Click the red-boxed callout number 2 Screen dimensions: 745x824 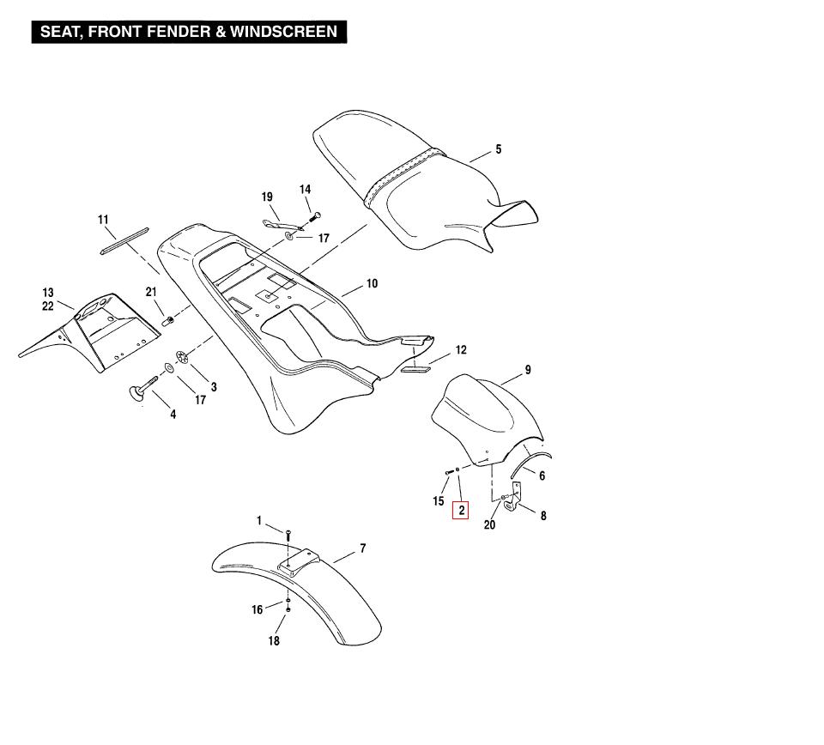click(x=462, y=511)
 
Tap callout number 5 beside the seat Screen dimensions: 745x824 click(x=498, y=150)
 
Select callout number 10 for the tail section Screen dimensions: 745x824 click(x=372, y=284)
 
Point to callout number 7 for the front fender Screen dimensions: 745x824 click(x=363, y=548)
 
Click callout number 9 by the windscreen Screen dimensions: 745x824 click(x=528, y=371)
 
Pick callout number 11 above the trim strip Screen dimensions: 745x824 click(x=103, y=221)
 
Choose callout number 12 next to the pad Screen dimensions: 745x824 click(x=461, y=350)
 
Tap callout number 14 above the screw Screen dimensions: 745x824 click(x=305, y=190)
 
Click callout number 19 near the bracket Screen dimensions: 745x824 click(x=267, y=197)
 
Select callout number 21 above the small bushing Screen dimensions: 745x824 click(x=151, y=292)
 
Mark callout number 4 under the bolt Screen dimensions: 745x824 click(x=173, y=415)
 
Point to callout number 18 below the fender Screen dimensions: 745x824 click(x=274, y=640)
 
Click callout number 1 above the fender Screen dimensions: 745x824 click(x=259, y=521)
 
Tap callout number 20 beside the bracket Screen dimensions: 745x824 click(x=489, y=525)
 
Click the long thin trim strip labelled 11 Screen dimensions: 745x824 click(x=125, y=240)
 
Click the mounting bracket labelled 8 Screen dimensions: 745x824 click(x=516, y=497)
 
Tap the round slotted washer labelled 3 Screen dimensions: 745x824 click(x=182, y=357)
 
